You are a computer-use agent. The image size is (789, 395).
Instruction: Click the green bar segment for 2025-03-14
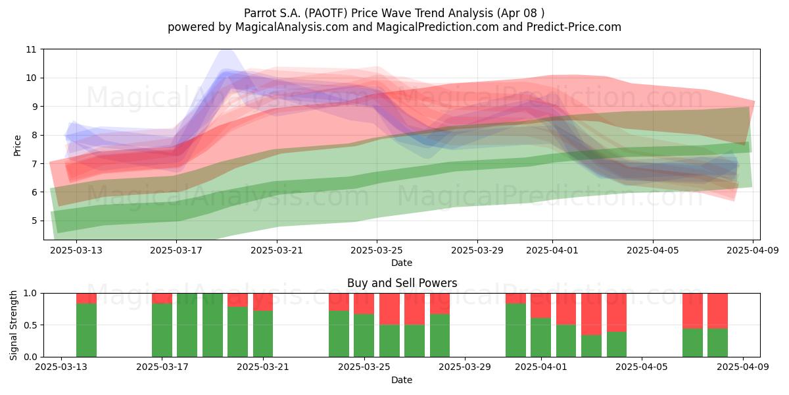(x=86, y=330)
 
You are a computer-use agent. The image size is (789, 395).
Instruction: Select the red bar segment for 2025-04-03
(x=591, y=314)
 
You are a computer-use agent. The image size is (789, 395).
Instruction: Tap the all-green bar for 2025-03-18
(x=187, y=325)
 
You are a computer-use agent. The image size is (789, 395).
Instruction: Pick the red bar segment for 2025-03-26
(x=389, y=309)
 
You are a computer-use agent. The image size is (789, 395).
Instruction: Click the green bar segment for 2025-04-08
(x=717, y=342)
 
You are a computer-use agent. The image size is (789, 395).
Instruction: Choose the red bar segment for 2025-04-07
(x=692, y=311)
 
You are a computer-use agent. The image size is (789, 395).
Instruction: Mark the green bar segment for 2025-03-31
(x=515, y=330)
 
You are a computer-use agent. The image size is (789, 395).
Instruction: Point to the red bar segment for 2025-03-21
(x=263, y=302)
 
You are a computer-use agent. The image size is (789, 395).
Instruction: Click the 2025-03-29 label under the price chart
(x=477, y=250)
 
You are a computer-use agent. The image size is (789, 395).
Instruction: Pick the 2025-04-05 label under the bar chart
(x=642, y=367)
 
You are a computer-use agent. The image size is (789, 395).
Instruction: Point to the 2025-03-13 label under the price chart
(x=76, y=250)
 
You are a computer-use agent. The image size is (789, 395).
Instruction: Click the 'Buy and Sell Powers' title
(x=402, y=283)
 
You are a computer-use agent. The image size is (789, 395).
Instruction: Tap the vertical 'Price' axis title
(x=17, y=145)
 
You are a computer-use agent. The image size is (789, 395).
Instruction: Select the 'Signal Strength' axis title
(x=13, y=325)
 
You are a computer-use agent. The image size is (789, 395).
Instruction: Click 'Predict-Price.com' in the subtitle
(x=574, y=27)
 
